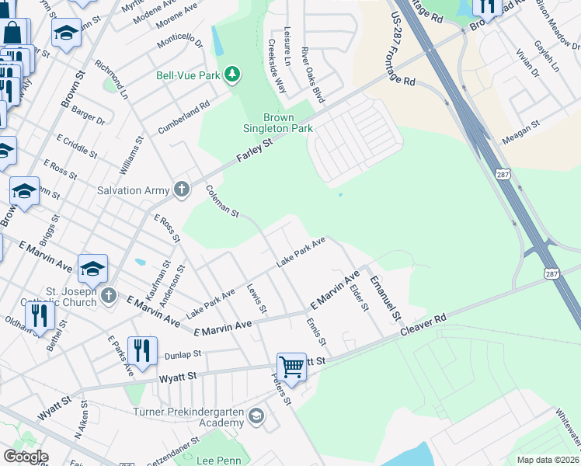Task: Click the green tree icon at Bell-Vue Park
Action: coord(231,75)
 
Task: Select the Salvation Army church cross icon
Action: coord(181,190)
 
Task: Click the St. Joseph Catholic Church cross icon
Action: coord(108,295)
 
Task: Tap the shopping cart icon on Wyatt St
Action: coord(291,365)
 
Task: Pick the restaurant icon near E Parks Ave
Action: coord(142,349)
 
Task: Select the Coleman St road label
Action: coord(221,201)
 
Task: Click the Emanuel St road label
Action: coord(385,299)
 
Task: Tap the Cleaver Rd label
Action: coord(424,325)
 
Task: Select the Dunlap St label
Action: coord(183,354)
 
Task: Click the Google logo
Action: coord(25,457)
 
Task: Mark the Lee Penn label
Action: coord(217,461)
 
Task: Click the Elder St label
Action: coord(359,297)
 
